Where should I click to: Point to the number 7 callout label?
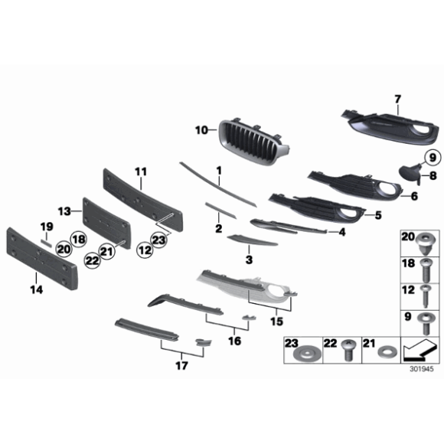point(397,99)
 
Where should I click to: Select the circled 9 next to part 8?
point(430,158)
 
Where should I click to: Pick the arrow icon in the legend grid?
point(417,349)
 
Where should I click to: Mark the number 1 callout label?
point(218,170)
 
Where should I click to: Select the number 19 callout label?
point(47,226)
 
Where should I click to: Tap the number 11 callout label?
point(140,170)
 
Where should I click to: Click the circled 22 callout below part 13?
point(93,261)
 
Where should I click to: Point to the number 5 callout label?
point(377,215)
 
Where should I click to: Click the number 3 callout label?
point(248,260)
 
